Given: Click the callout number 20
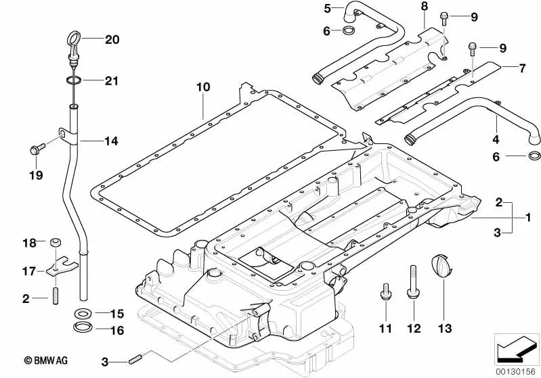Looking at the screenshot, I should coord(112,40).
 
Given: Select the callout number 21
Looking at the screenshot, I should coord(111,81).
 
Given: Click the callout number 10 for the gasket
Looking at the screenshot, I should coord(204,87).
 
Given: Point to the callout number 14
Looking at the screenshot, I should coord(111,141).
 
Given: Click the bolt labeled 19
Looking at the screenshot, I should coord(37,147).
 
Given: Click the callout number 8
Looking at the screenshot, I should coord(424,6).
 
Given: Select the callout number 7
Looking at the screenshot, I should coord(522,68).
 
